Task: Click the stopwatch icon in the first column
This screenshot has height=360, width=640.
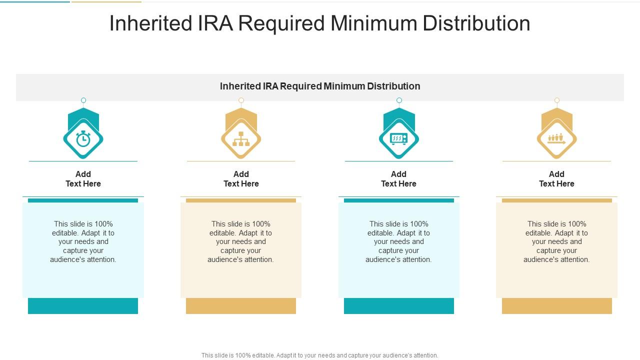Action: [83, 139]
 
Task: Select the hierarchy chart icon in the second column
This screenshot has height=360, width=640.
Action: [241, 139]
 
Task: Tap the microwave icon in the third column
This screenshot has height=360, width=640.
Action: [399, 139]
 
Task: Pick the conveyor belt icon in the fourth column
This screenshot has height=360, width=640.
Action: [556, 139]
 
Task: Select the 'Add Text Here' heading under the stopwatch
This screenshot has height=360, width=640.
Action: [83, 179]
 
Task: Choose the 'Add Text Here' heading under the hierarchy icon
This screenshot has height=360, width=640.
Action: [241, 179]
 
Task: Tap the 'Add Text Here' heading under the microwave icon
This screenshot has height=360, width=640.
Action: [398, 179]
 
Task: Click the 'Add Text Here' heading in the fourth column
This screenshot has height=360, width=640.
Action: [556, 179]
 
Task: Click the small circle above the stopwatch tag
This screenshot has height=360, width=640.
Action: [83, 100]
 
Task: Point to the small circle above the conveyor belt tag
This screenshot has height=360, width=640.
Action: [557, 100]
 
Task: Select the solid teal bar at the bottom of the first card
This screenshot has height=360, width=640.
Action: [83, 306]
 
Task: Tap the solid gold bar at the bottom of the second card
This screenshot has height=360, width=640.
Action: [241, 306]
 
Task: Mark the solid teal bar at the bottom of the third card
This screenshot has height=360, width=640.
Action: [399, 306]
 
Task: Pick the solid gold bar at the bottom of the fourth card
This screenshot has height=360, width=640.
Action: [557, 306]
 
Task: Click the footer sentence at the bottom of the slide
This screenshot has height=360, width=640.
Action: [320, 355]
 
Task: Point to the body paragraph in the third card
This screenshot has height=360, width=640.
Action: [398, 241]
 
